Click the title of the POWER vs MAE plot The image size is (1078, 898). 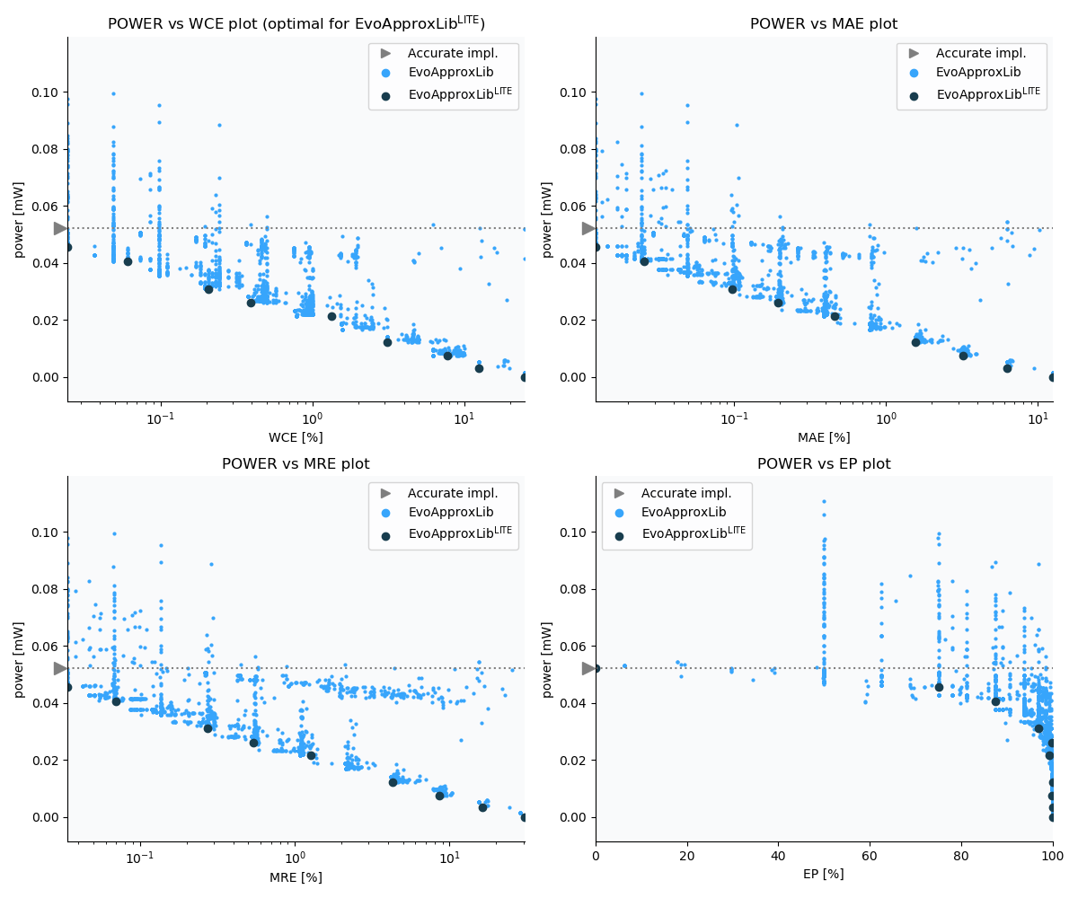(824, 24)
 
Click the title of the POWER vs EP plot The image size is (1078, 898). (824, 464)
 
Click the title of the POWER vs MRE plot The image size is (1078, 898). (296, 464)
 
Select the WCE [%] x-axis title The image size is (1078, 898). (296, 437)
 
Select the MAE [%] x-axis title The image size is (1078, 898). (824, 437)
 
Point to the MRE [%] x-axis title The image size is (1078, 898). (296, 877)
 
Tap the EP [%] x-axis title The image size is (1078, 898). (824, 874)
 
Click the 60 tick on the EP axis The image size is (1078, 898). (870, 857)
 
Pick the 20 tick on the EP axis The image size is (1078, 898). (687, 857)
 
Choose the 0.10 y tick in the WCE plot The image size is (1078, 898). (44, 92)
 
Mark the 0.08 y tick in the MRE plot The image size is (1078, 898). (44, 589)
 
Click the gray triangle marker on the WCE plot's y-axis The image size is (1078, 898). (60, 228)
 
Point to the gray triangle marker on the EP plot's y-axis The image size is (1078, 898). (588, 668)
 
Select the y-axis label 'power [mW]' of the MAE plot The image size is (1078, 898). (547, 219)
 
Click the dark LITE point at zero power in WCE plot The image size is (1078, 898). (525, 377)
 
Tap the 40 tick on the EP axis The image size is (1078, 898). (778, 857)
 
